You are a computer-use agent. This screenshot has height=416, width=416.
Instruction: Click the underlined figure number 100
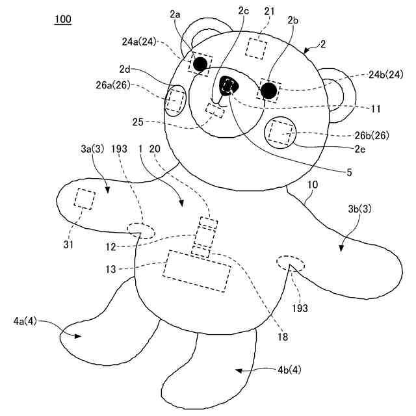63,19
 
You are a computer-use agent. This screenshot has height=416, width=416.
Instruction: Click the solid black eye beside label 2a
201,63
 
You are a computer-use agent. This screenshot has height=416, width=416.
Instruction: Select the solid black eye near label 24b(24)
268,89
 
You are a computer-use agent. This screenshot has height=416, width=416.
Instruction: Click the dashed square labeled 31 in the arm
84,198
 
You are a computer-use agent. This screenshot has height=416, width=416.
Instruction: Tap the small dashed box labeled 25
214,110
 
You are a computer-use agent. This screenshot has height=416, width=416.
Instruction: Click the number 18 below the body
283,337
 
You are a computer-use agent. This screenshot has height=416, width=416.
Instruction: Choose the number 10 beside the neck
312,185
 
